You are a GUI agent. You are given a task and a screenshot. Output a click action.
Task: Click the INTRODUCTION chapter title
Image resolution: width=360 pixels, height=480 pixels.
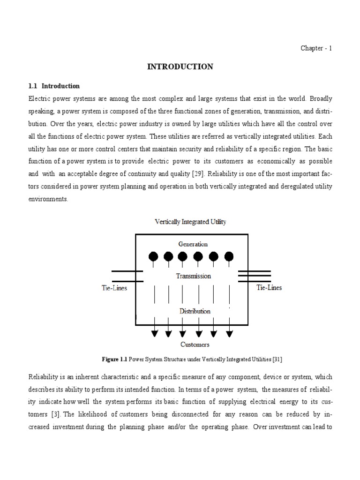[x=180, y=67]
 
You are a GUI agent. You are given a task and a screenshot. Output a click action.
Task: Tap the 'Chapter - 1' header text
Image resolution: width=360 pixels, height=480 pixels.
[x=316, y=48]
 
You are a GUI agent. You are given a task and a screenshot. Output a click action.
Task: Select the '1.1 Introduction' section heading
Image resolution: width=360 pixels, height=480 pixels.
[x=54, y=86]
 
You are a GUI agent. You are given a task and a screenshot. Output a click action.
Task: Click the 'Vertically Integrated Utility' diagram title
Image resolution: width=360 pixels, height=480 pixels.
[x=190, y=222]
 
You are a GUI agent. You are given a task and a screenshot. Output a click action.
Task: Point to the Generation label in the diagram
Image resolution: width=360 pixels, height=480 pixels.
[x=193, y=244]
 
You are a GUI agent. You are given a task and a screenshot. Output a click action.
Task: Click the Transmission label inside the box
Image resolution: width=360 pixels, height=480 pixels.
[x=193, y=276]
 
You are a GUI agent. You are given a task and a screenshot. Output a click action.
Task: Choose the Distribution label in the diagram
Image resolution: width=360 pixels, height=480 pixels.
[x=194, y=311]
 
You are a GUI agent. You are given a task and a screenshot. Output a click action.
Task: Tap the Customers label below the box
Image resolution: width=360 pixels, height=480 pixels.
[x=195, y=345]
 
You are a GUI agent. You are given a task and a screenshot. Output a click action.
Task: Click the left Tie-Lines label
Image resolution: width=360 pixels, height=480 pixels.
[x=114, y=288]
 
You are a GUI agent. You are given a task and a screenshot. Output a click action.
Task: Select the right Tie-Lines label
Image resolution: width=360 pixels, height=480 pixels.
[x=269, y=287]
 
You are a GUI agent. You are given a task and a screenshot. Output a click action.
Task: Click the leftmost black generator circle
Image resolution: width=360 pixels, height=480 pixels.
[x=153, y=256]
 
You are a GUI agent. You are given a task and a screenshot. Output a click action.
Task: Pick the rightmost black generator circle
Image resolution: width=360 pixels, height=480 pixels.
[x=229, y=256]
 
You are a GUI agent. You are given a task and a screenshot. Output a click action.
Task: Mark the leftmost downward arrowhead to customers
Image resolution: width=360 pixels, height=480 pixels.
[x=154, y=334]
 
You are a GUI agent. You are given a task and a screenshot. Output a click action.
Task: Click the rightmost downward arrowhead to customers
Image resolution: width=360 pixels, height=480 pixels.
[x=229, y=334]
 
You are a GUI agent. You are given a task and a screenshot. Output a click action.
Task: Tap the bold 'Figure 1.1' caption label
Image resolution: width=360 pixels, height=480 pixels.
[x=114, y=360]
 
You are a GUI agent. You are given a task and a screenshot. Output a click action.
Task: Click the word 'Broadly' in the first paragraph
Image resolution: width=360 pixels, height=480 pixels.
[x=321, y=99]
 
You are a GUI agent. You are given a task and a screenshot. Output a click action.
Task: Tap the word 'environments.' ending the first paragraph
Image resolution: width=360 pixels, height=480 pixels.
[x=48, y=199]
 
